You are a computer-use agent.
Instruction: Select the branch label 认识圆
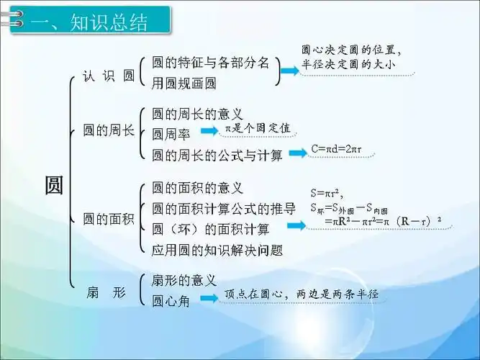[109, 76]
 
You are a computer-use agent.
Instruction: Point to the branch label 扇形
[106, 292]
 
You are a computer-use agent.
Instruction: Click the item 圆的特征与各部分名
[210, 63]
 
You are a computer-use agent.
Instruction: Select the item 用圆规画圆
[184, 84]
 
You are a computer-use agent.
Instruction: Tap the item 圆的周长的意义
[197, 114]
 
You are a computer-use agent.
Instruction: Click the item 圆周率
[171, 133]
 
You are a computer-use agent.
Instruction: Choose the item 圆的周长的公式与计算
[217, 154]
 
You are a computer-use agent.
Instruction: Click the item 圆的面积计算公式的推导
[224, 209]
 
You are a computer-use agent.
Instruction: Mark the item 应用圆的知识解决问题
[217, 251]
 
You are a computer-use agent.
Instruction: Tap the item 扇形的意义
[184, 280]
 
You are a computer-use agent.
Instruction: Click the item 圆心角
[171, 302]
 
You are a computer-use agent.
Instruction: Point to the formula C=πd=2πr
[336, 150]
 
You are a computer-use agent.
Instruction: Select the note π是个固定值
[258, 127]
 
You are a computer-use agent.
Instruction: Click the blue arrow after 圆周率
[209, 131]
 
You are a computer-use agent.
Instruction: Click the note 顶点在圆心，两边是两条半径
[301, 294]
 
